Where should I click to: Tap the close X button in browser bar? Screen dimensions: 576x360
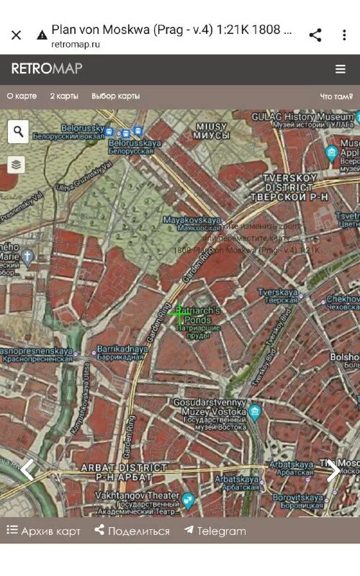click(x=17, y=35)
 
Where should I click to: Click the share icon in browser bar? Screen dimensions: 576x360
click(x=315, y=35)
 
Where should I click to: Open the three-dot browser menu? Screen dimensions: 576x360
click(x=344, y=35)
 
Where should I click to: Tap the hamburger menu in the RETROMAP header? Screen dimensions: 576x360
click(x=340, y=69)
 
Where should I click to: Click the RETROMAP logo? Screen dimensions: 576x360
click(x=47, y=69)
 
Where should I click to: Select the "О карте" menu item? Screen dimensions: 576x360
click(x=22, y=96)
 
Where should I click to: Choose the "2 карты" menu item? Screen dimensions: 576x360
click(x=64, y=96)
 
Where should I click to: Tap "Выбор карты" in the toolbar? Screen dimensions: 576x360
click(x=115, y=96)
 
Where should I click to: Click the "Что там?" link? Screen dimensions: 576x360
click(x=336, y=96)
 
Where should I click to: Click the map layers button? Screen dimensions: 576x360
click(x=17, y=165)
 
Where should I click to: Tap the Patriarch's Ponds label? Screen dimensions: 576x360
click(x=199, y=322)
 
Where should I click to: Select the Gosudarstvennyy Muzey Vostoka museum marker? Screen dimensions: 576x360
click(x=254, y=413)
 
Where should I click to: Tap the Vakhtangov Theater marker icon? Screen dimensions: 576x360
click(x=188, y=499)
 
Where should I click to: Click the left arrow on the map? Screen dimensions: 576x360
click(x=27, y=469)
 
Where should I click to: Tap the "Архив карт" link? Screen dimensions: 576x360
click(x=44, y=531)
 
